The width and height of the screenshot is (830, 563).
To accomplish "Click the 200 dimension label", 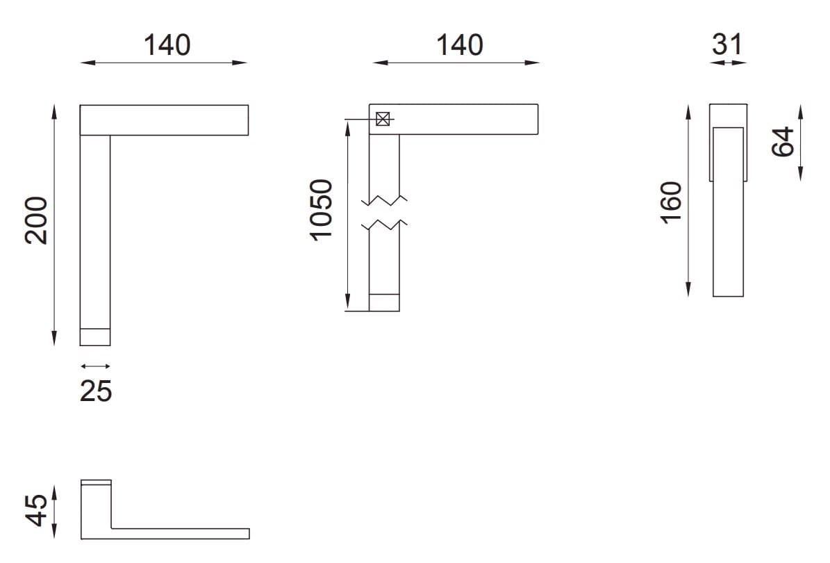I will tap(36, 220).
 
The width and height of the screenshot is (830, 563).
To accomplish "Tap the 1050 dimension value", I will tap(322, 209).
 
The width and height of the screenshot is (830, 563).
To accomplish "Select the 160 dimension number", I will tap(672, 202).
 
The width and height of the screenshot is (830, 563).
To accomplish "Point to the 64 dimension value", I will tap(782, 142).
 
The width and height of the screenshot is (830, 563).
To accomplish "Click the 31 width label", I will tap(727, 44).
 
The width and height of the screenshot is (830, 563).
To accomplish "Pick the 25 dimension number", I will tap(96, 391).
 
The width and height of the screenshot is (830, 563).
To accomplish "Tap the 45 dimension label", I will tap(36, 510).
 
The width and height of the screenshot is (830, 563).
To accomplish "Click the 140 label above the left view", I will tap(167, 44).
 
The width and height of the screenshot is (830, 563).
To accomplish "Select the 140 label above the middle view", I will tap(459, 44).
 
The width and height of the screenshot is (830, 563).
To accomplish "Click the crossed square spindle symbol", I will tap(382, 119).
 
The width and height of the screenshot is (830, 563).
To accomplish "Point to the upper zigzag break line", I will tap(384, 201).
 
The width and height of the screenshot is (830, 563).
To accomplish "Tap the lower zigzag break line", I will tap(384, 225).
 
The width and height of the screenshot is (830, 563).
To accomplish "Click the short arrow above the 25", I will tap(95, 366).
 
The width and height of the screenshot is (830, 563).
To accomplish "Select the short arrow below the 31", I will tap(728, 63).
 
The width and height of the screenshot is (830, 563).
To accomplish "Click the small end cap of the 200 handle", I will tap(95, 336).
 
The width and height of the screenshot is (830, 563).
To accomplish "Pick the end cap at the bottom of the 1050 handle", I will tap(384, 302).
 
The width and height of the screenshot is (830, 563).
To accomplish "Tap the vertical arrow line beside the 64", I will tap(801, 142).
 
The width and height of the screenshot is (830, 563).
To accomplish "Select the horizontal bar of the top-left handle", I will tap(164, 120).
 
